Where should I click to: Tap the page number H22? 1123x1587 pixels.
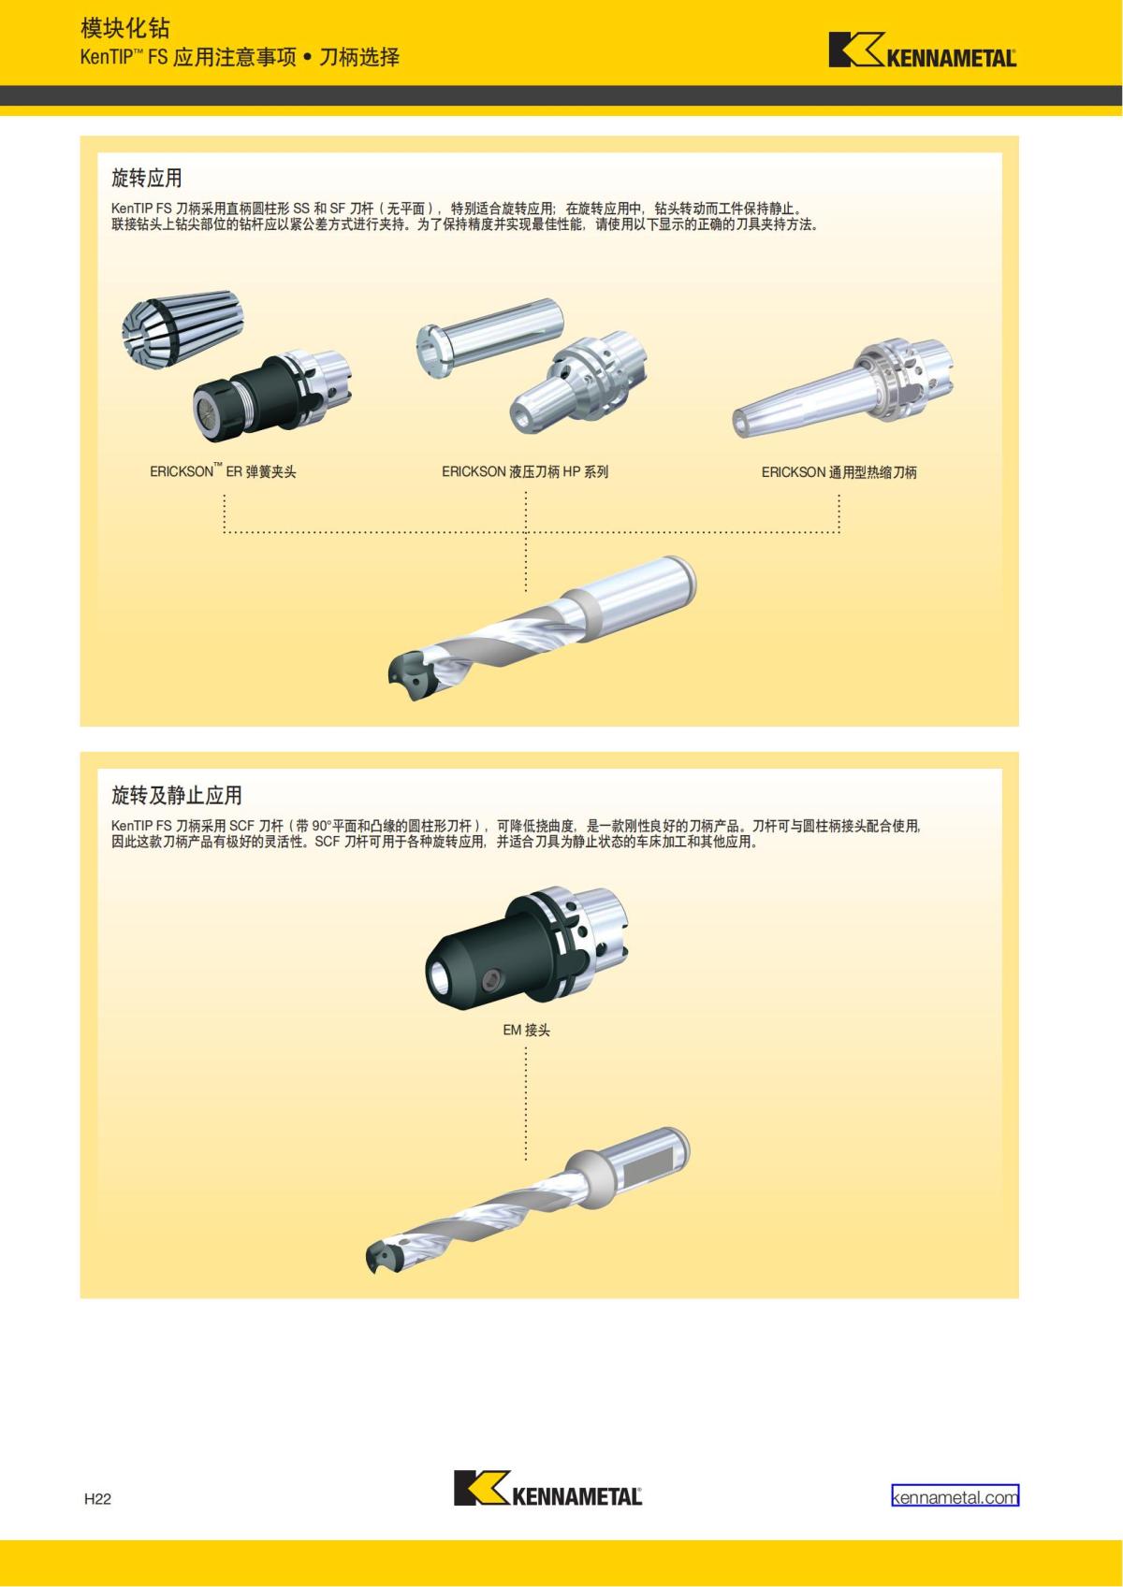pos(97,1498)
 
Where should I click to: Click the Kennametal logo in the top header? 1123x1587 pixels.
pos(923,50)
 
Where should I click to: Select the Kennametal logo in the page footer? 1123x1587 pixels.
pos(547,1488)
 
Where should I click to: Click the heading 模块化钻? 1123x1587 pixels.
pos(124,28)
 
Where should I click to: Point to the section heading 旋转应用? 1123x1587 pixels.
pos(147,178)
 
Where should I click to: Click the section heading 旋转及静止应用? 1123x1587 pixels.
pos(177,795)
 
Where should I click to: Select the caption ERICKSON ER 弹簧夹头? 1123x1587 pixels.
pos(223,471)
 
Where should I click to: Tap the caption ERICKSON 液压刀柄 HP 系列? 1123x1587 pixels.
pos(525,472)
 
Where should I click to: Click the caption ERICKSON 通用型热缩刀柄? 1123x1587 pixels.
pos(839,472)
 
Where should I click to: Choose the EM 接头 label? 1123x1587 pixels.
pos(526,1031)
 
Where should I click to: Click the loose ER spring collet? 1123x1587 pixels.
pos(182,328)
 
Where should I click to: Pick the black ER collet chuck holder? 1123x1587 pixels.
pos(272,396)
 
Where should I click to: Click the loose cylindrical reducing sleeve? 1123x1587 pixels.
pos(489,338)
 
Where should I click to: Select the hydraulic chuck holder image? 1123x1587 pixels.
pos(578,382)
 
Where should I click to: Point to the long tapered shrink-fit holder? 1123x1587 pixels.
pos(842,387)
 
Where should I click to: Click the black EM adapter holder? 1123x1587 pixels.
pos(526,945)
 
